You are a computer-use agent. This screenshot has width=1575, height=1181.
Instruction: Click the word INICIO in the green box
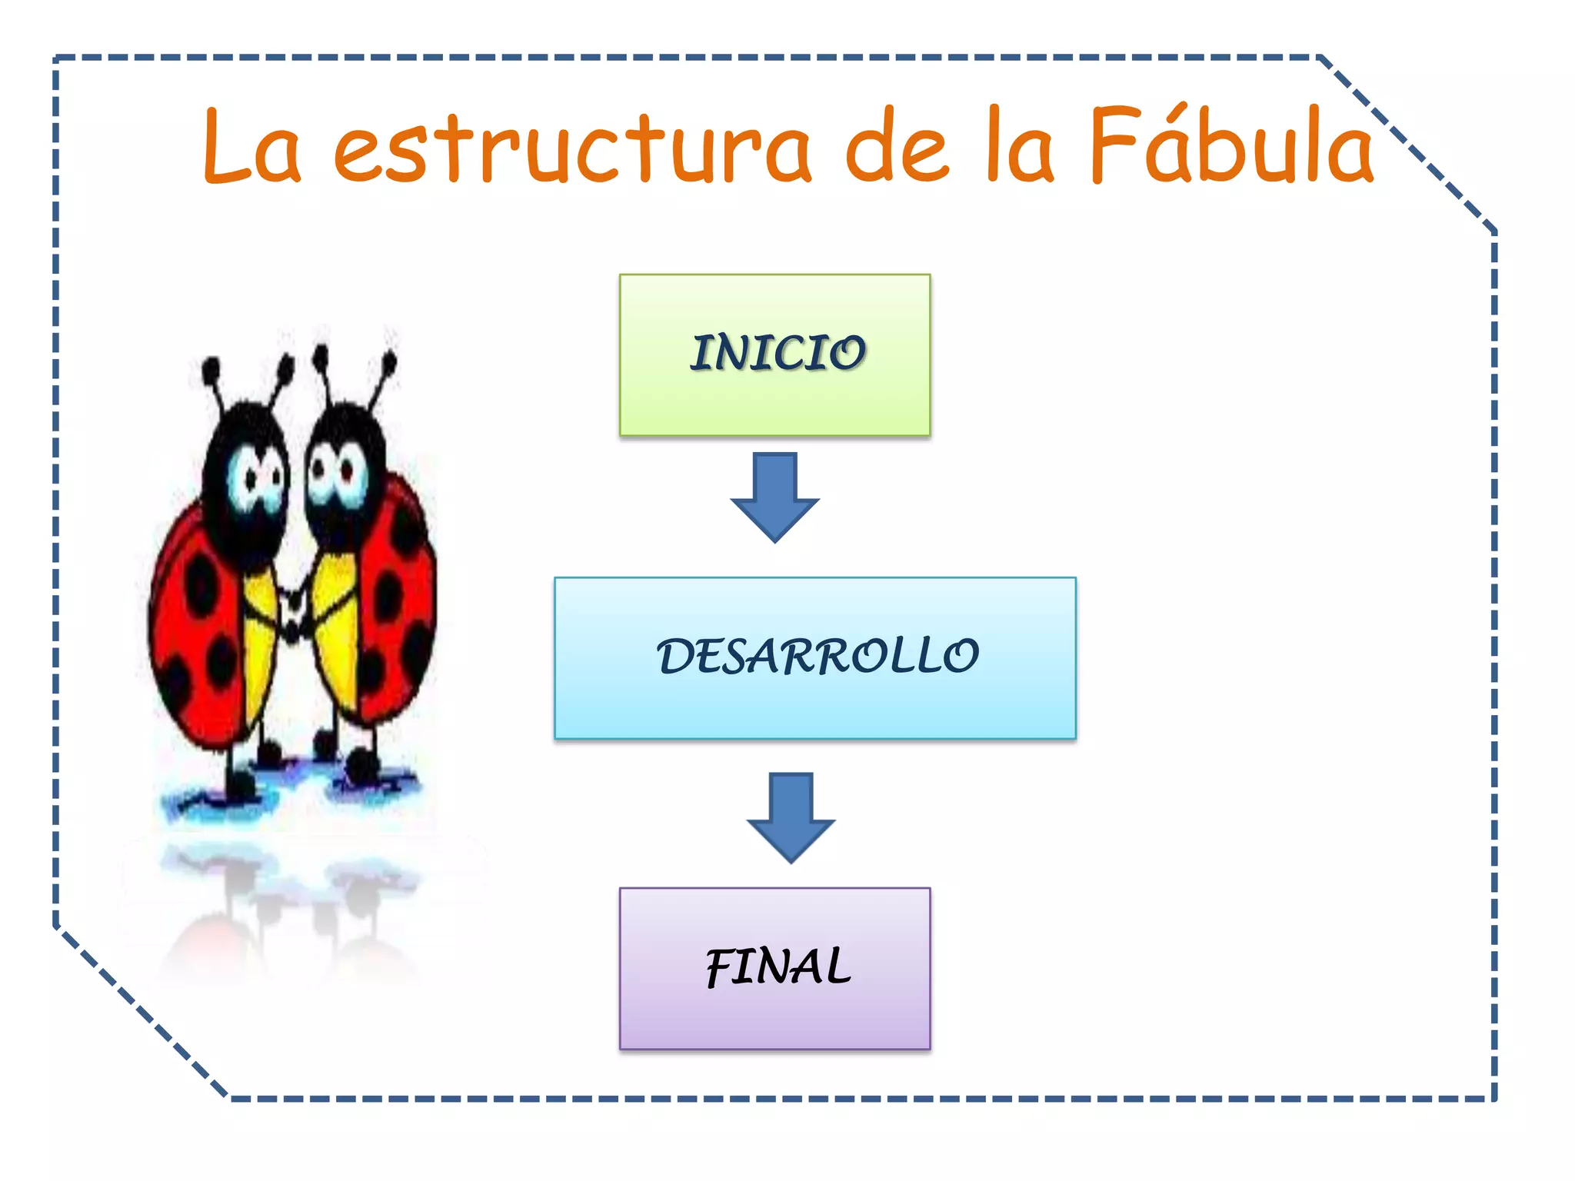point(778,354)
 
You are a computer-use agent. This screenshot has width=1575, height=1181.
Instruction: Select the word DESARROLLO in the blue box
point(817,657)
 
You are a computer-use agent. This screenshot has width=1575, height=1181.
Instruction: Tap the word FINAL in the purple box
point(778,967)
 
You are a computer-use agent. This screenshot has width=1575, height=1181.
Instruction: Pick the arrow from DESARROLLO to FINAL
point(791,817)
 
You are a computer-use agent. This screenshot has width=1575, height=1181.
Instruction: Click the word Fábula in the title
point(1230,146)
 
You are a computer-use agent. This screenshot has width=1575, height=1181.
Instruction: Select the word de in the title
point(896,146)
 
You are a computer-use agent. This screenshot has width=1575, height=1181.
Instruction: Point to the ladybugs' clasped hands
point(292,607)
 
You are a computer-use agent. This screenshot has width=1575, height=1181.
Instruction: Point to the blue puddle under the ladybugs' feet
point(292,788)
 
